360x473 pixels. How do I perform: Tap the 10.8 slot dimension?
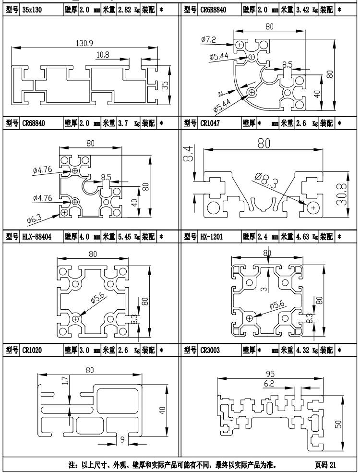click(103, 55)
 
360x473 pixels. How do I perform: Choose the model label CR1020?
click(32, 350)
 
